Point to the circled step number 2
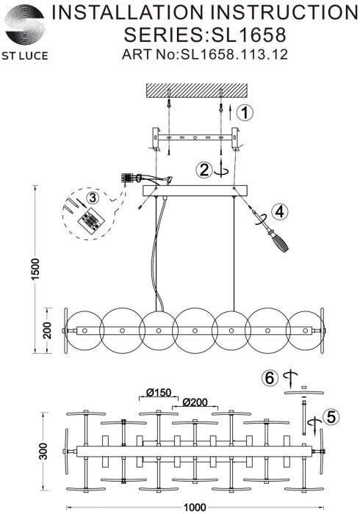(204, 170)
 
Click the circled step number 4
(279, 211)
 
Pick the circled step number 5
(331, 417)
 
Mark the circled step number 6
(270, 378)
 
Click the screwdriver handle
(279, 242)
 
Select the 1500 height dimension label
(35, 269)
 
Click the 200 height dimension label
(48, 330)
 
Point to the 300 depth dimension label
(43, 451)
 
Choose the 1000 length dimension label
(195, 507)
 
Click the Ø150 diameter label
(159, 392)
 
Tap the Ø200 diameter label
(195, 402)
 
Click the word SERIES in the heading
(163, 35)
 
